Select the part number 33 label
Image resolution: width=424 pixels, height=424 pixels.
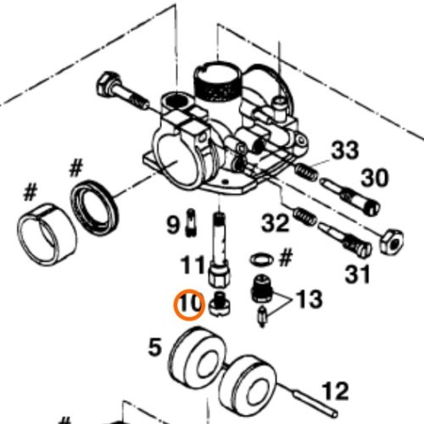tap(345, 150)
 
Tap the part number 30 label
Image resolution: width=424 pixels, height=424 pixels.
tap(375, 177)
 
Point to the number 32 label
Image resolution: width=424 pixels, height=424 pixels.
tap(276, 223)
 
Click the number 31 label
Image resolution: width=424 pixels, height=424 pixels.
tap(358, 274)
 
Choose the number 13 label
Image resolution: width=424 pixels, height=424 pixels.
tap(309, 298)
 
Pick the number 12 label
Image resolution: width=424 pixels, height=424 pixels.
tap(335, 391)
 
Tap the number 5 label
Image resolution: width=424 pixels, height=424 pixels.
tap(155, 348)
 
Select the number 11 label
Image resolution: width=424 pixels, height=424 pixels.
tap(192, 265)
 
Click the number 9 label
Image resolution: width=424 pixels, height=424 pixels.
tap(173, 225)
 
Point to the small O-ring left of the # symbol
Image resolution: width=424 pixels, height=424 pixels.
tap(262, 259)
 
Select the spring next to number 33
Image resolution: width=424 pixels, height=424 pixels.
tap(306, 172)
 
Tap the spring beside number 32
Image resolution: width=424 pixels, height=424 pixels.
tap(304, 216)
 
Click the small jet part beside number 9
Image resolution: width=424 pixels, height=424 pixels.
tap(191, 222)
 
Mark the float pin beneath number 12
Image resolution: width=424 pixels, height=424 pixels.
tap(308, 400)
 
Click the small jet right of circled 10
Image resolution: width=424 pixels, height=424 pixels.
tap(220, 304)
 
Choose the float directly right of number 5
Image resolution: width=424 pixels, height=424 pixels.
tap(198, 360)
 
